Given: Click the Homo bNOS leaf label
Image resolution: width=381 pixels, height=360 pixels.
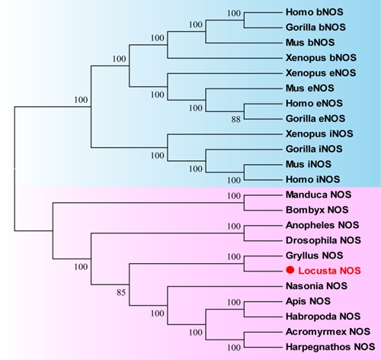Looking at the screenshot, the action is (x=315, y=12).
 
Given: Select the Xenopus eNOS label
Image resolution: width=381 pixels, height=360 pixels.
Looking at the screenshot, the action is (x=321, y=73).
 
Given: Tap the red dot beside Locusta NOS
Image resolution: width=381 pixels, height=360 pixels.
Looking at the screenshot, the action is (x=290, y=270).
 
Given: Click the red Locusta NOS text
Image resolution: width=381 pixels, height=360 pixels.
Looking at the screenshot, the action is (x=329, y=271).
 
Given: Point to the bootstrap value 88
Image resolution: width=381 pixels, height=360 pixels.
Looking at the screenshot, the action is (x=235, y=119).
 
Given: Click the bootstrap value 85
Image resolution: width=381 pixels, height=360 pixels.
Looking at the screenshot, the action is (x=121, y=293).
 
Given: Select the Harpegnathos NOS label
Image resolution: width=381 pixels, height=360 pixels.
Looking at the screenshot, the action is (x=330, y=347).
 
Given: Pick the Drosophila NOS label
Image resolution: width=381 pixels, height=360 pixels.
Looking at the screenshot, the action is (x=323, y=240).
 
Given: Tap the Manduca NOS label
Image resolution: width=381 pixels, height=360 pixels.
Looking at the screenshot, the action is (x=319, y=194).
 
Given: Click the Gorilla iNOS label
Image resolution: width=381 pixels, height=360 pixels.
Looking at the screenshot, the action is (x=314, y=149).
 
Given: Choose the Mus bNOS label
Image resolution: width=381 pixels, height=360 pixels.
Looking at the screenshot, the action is (x=310, y=43).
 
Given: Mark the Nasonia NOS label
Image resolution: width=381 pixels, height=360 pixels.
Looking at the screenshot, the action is (x=316, y=286).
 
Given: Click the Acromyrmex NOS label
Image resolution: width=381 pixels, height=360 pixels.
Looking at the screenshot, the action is (x=328, y=332).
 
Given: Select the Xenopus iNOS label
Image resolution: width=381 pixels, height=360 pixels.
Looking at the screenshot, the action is (x=319, y=133).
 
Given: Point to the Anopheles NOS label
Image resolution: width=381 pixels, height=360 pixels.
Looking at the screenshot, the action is (x=322, y=225).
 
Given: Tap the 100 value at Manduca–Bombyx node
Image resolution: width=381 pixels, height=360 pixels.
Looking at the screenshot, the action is (x=234, y=196).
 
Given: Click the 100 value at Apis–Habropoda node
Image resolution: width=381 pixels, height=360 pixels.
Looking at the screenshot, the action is (x=234, y=302).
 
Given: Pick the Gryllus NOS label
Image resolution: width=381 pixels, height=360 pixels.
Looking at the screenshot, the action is (x=315, y=256).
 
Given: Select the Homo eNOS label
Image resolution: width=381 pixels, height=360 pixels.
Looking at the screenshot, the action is (x=314, y=103).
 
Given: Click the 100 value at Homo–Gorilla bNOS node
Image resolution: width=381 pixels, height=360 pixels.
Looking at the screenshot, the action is (x=234, y=13).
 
